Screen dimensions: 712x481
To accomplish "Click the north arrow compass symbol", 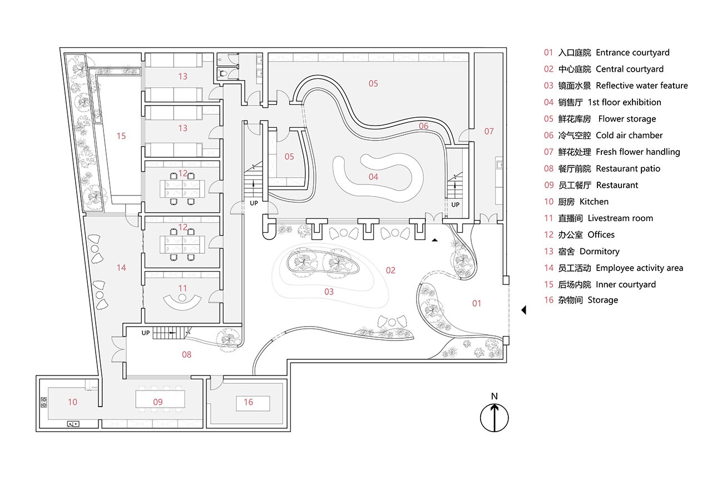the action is (495, 418).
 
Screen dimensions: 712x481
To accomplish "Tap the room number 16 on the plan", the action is (248, 402).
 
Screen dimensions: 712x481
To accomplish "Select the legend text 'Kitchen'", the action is (594, 202).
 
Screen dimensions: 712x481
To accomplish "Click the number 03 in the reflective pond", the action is (329, 292).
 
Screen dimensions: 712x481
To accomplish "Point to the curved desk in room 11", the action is (182, 303).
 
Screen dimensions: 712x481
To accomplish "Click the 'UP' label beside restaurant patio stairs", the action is (146, 333).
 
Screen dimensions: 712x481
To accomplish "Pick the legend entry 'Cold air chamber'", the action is (629, 136).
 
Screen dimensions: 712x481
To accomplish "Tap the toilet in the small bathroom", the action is (222, 74).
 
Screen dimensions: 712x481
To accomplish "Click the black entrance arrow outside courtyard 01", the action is (524, 310).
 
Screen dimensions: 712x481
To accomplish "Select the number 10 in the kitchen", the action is (72, 402).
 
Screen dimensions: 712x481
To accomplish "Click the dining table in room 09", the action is (160, 399).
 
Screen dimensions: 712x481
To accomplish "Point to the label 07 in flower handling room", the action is (489, 131).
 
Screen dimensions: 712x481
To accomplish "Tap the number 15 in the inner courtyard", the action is (121, 136).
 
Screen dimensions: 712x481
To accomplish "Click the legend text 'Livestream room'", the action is (620, 218).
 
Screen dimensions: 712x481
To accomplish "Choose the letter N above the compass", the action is (495, 396).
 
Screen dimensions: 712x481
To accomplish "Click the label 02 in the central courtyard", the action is (390, 270).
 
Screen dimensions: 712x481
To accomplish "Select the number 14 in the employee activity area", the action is (121, 268).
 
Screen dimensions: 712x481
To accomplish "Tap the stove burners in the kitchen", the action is (44, 402).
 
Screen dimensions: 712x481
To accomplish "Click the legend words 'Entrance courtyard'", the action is (632, 53).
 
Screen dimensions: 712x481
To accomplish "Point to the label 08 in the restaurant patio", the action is (186, 355).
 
